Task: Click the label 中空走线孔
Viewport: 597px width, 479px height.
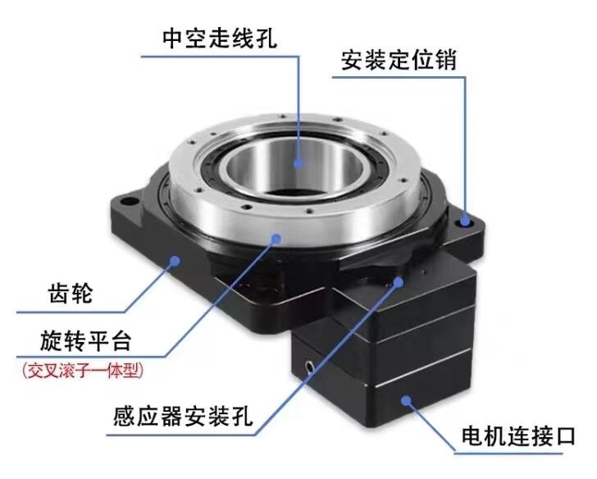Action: tap(220, 38)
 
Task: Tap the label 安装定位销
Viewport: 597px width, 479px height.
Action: tap(399, 60)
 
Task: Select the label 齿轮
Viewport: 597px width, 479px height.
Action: tap(71, 293)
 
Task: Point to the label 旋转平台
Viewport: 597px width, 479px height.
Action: tap(85, 340)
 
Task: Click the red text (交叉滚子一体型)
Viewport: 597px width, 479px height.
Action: tap(83, 370)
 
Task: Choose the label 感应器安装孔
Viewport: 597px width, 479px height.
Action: tap(183, 416)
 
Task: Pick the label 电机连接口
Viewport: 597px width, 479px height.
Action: tap(518, 436)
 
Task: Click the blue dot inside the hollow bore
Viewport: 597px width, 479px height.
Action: tap(298, 163)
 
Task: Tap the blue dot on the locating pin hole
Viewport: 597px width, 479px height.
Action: tap(464, 221)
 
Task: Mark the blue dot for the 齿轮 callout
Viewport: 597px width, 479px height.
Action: tap(175, 261)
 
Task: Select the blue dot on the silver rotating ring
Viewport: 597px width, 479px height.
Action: tap(276, 239)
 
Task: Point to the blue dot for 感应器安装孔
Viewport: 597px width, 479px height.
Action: tap(399, 282)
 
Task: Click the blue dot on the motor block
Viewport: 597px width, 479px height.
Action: tap(406, 400)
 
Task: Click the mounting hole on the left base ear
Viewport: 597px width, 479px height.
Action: tap(129, 201)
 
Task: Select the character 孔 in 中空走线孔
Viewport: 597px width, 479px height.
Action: tap(267, 38)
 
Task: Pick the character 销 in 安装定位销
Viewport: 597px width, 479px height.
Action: tap(445, 60)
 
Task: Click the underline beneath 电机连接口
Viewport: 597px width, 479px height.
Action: tap(508, 454)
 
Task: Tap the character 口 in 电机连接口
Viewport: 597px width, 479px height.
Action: tap(565, 436)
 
